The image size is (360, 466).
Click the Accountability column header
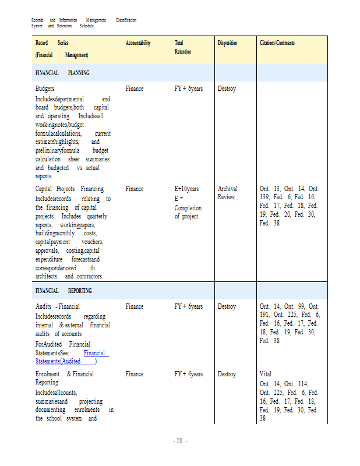138,43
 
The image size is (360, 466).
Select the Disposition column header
228,43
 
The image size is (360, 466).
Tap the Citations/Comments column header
277,43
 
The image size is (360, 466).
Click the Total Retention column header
182,47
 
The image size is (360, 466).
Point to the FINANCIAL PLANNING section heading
62,73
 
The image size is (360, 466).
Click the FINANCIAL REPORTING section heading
63,291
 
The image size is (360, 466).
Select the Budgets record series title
45,89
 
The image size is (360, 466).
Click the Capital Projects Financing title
69,189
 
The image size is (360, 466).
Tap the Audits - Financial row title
58,306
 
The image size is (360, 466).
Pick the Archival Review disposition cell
227,193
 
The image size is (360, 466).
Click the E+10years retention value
186,189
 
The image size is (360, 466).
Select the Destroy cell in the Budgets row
227,89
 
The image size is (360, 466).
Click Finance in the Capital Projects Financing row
134,189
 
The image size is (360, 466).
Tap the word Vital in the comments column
266,374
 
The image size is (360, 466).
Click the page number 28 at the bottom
180,442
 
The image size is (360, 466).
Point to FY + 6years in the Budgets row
189,89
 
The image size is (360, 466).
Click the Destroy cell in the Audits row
227,306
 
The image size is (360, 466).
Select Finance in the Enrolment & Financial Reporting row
134,374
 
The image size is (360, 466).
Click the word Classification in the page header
126,20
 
